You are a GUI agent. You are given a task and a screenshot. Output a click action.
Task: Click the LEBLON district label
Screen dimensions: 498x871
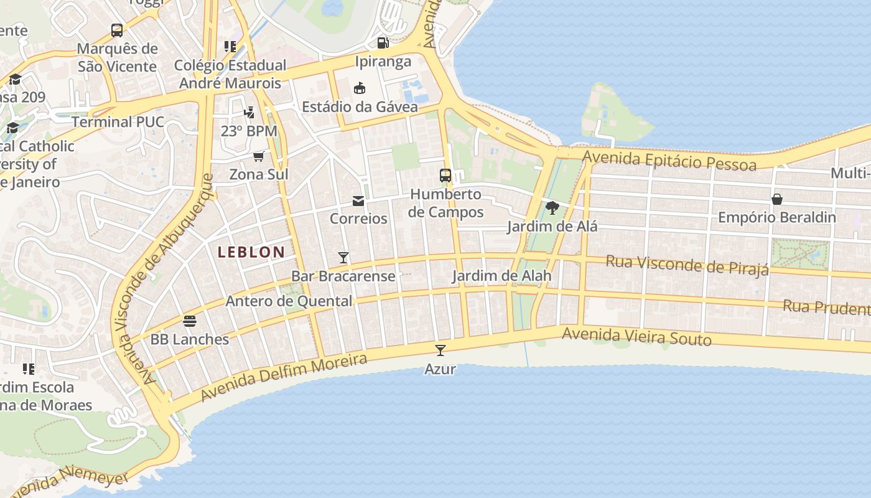[251, 252]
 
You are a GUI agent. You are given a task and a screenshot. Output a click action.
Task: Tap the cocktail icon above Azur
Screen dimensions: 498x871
[440, 350]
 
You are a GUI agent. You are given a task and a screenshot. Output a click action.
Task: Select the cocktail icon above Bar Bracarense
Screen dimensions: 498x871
[343, 257]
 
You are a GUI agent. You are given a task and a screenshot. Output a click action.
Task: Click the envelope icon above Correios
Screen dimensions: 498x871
[358, 200]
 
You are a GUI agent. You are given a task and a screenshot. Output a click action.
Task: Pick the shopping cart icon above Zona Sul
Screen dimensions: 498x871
[259, 156]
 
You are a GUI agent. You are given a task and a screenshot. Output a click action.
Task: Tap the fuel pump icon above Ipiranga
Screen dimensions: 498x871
[383, 43]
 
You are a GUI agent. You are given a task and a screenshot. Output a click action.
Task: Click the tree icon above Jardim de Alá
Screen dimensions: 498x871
[552, 207]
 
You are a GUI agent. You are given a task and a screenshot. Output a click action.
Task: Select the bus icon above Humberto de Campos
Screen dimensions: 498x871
[445, 176]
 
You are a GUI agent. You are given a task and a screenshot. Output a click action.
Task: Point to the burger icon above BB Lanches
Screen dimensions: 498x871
[190, 321]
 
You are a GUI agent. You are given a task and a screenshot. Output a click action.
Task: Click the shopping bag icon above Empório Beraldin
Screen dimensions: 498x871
[777, 199]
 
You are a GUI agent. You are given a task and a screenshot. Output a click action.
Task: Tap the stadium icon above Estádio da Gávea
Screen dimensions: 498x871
[360, 88]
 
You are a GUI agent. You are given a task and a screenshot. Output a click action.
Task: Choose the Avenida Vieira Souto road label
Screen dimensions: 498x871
[636, 336]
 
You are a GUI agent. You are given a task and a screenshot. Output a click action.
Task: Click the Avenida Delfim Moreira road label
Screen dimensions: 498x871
[284, 378]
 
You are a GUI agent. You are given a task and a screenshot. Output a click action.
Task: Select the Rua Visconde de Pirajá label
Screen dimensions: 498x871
[687, 264]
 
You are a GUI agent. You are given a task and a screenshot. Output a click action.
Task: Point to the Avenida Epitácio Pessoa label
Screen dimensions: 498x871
[669, 161]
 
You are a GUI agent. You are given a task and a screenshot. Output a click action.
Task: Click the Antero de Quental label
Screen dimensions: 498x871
[289, 301]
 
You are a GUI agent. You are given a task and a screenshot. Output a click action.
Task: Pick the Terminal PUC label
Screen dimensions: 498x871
[118, 122]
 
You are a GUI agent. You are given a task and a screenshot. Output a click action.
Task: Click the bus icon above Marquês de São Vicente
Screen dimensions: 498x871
[116, 30]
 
